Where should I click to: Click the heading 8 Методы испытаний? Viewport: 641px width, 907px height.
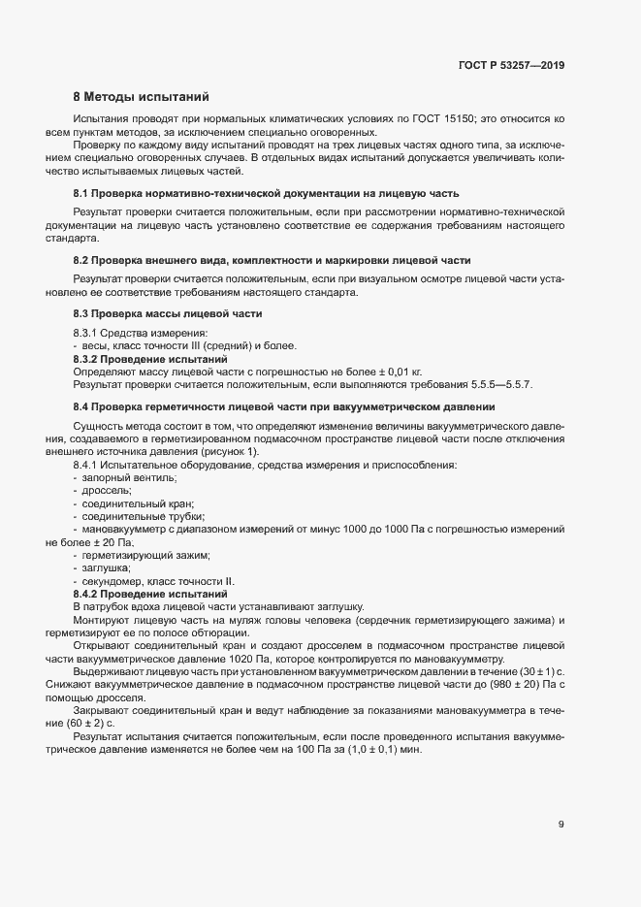coord(141,97)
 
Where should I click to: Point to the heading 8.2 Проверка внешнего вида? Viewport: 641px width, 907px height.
coord(272,260)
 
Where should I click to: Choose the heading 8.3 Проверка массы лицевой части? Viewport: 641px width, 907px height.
coord(168,314)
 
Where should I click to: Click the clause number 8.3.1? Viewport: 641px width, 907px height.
coord(86,334)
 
